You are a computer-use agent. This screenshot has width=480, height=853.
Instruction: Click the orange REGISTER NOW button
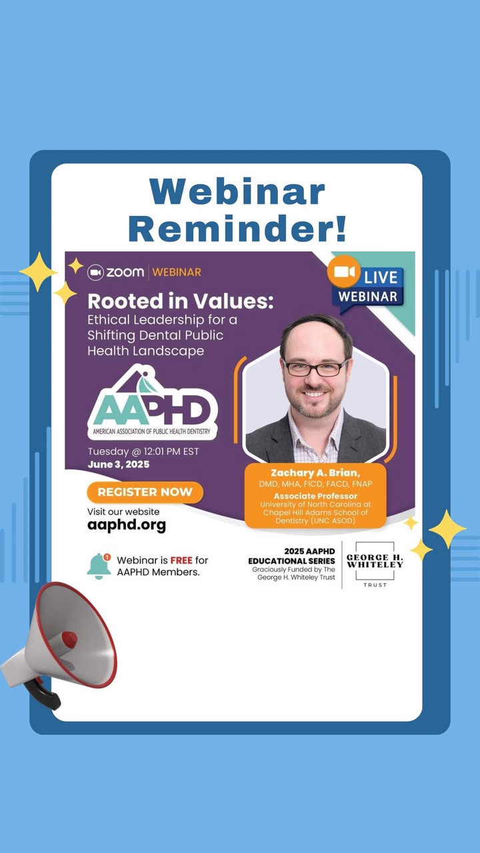(x=145, y=492)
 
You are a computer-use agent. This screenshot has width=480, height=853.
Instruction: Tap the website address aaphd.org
(x=127, y=525)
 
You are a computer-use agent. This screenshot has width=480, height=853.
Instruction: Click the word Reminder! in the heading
(x=237, y=228)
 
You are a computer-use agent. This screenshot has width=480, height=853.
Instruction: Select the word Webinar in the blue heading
(x=237, y=191)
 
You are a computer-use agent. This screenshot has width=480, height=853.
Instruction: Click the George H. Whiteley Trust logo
(x=375, y=564)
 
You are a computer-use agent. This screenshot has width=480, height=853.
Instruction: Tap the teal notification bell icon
(x=99, y=566)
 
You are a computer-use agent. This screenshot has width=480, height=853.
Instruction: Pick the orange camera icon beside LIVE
(x=343, y=272)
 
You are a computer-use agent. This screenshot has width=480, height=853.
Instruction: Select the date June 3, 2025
(x=119, y=464)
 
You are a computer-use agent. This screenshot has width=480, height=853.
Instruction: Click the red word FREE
(x=181, y=560)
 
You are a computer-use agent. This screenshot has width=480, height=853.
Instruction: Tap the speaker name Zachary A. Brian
(x=315, y=473)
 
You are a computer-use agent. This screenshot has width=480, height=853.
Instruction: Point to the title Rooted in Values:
(x=181, y=301)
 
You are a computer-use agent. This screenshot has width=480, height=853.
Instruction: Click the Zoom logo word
(x=125, y=273)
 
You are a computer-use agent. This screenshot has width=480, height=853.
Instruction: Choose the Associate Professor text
(x=315, y=496)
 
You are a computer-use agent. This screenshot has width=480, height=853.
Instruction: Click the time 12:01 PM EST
(x=171, y=452)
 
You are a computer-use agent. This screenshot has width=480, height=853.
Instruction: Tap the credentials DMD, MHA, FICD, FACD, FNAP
(x=315, y=484)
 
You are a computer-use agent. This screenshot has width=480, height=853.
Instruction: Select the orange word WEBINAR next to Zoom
(x=177, y=273)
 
